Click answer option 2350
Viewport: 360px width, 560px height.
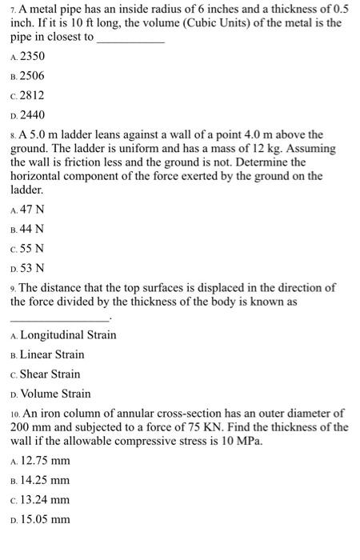tap(32, 56)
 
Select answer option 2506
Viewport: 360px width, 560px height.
tap(32, 76)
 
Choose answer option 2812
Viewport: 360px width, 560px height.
tap(32, 95)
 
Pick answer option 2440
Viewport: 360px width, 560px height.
tap(32, 115)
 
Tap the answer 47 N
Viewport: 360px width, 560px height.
tap(32, 209)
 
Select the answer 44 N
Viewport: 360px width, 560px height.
tap(32, 229)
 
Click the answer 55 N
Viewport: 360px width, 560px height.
tap(32, 248)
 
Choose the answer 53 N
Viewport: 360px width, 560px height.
tap(32, 268)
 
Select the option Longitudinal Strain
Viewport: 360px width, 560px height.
tap(68, 335)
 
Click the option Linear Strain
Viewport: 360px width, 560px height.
tap(52, 354)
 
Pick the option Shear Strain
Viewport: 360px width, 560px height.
tap(50, 374)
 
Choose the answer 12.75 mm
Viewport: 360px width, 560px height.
tap(44, 461)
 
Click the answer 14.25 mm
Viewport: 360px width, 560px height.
tap(44, 481)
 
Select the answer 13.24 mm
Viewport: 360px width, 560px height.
tap(44, 500)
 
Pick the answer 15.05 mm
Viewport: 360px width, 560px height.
tap(44, 520)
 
